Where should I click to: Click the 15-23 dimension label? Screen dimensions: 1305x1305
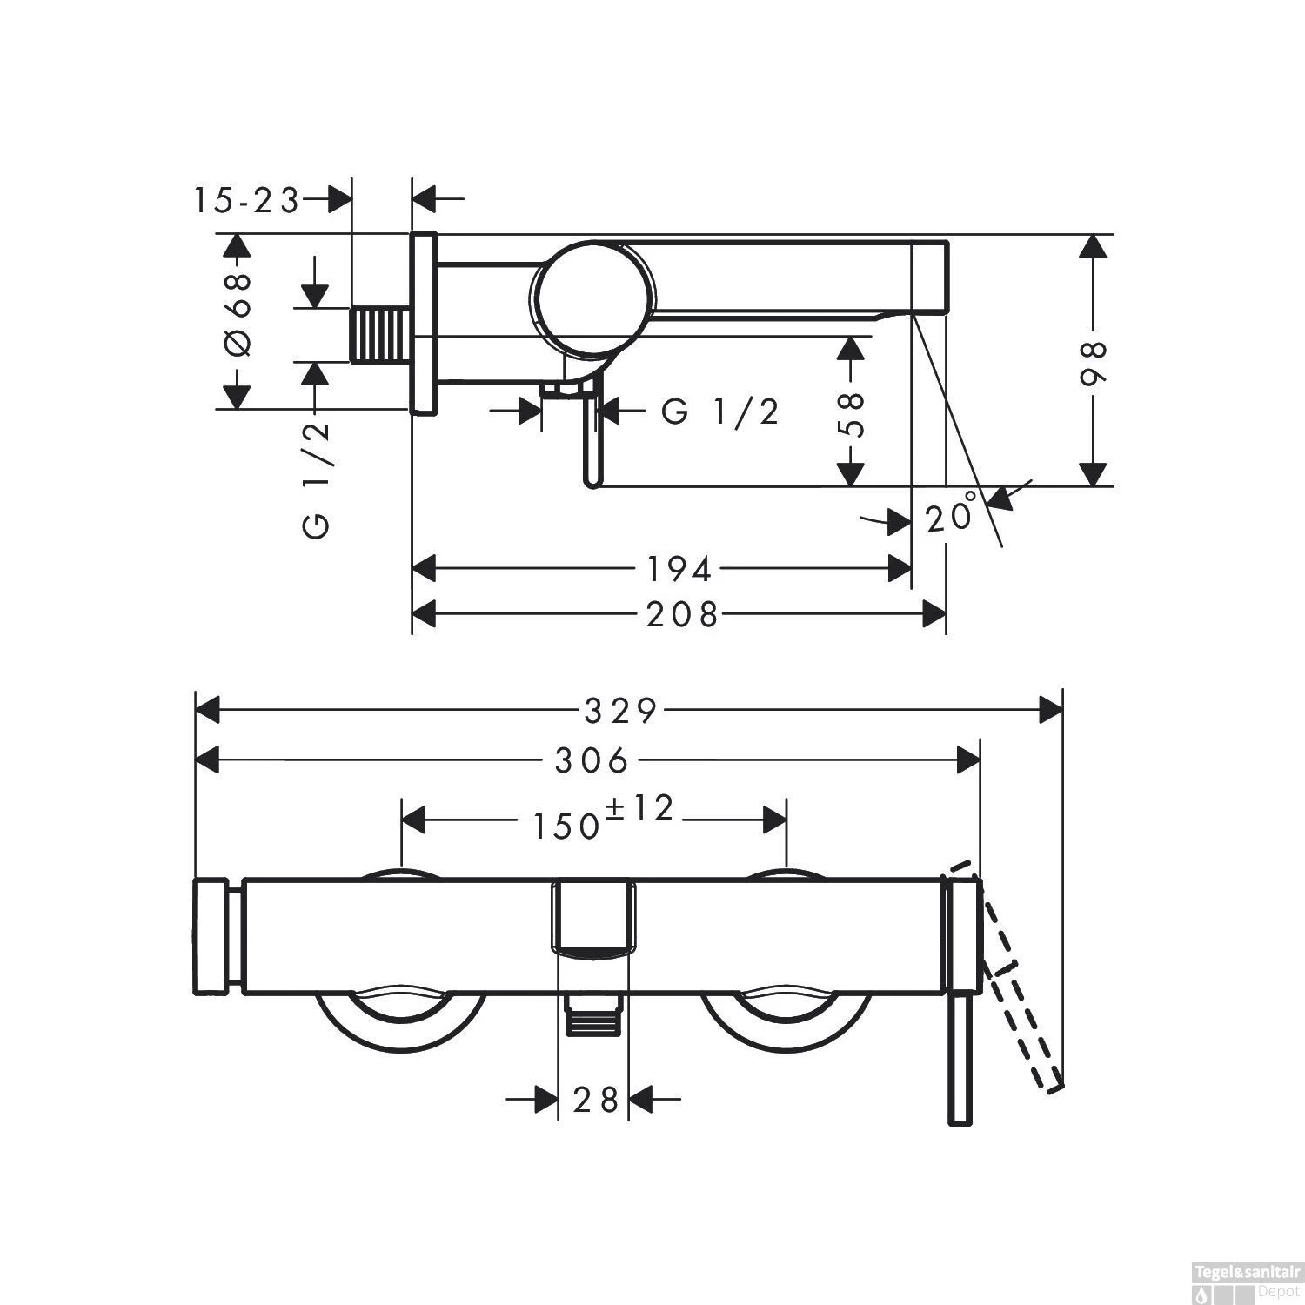point(246,200)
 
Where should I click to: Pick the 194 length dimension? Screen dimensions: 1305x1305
point(679,570)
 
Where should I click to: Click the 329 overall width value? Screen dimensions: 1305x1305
point(620,712)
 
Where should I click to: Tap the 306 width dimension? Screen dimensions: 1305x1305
point(592,761)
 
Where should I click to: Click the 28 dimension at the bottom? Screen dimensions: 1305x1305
point(596,1099)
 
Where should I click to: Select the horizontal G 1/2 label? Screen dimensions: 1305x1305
point(719,412)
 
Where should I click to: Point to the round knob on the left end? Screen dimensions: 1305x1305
point(211,936)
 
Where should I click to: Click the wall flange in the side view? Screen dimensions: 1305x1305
point(424,324)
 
